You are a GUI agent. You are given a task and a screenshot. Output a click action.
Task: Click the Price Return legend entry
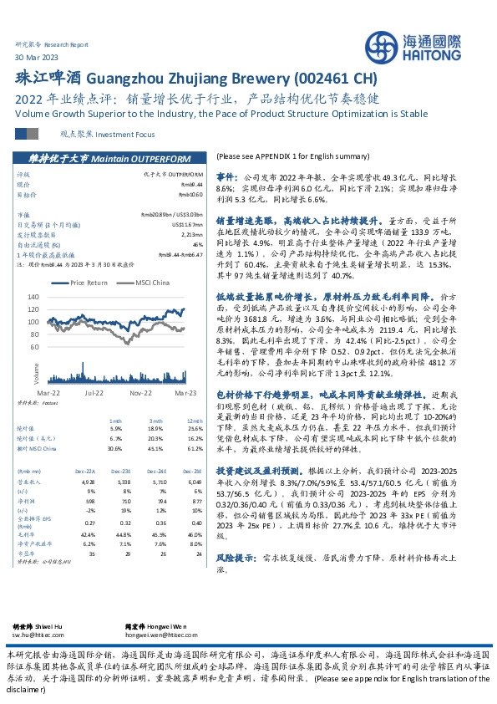pyautogui.click(x=89, y=283)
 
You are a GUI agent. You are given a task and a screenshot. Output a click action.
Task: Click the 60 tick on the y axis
pyautogui.click(x=33, y=345)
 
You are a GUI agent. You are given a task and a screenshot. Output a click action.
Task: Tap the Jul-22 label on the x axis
pyautogui.click(x=93, y=390)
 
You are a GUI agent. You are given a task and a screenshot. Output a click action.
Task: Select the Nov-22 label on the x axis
pyautogui.click(x=139, y=390)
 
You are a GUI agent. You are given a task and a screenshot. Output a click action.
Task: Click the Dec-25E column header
pyautogui.click(x=194, y=448)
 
